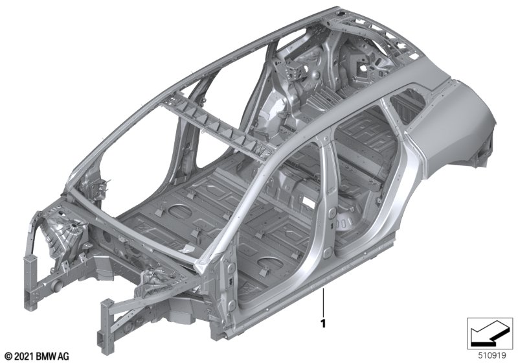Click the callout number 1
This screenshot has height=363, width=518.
coord(323,323)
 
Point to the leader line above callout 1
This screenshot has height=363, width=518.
coord(323,302)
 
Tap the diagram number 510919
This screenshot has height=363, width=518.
coord(492,356)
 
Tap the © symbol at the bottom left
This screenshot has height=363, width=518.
coord(9,357)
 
